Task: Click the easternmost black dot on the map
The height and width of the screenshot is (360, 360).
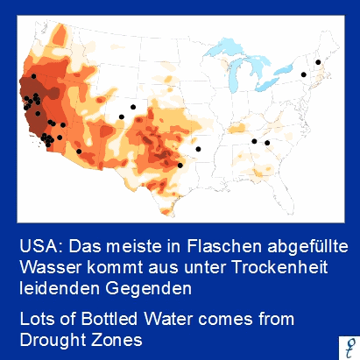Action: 318,61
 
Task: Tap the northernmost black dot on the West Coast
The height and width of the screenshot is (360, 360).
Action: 33,76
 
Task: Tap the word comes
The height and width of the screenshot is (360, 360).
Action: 229,317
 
